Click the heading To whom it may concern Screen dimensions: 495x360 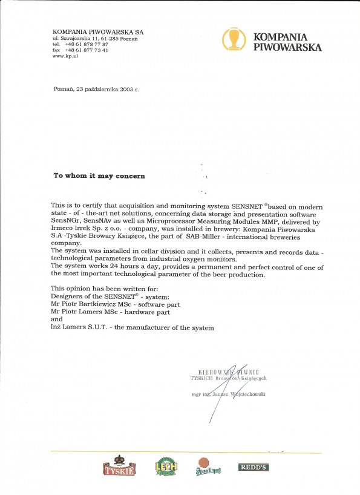point(99,175)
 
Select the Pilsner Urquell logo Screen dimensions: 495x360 point(208,468)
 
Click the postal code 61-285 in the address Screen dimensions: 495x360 point(109,39)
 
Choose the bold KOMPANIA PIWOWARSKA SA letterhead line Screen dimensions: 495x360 point(98,31)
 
